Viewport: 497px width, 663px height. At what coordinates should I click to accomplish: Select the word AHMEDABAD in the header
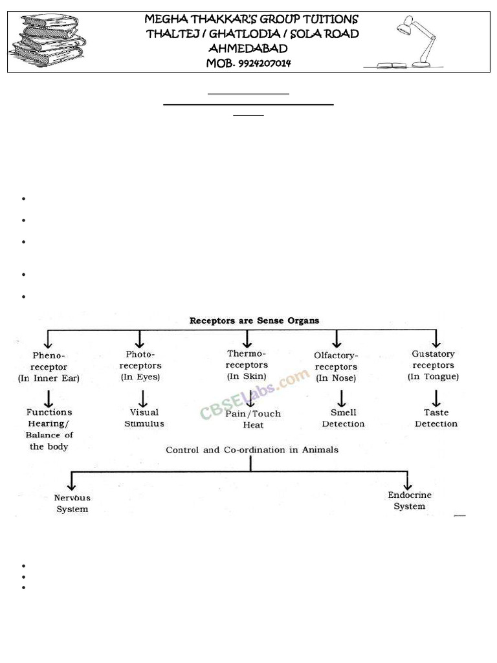click(248, 49)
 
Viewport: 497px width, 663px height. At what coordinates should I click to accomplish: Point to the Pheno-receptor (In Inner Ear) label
click(49, 367)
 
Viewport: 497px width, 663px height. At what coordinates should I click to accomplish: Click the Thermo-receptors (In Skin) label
click(247, 365)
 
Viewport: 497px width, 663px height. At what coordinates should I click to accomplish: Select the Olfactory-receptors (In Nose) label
click(336, 366)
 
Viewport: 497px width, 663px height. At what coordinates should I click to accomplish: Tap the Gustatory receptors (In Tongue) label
click(433, 365)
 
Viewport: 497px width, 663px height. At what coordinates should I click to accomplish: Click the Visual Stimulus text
click(144, 418)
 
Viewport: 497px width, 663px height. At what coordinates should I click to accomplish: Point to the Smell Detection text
click(343, 418)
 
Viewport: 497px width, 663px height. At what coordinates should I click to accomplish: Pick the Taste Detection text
click(436, 418)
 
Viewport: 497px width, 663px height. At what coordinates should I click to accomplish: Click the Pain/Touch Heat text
click(253, 420)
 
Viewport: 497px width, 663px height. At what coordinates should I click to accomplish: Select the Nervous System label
click(72, 504)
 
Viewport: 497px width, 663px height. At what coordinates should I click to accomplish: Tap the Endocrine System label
click(410, 500)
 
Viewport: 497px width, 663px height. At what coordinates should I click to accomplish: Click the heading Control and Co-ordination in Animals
click(252, 449)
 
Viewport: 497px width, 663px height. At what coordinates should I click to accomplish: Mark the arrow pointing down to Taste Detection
click(436, 397)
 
